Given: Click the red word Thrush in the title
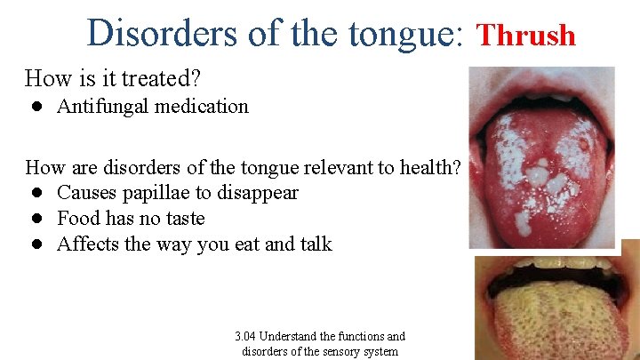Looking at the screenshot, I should (527, 36).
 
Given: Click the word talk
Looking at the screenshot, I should (313, 244).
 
